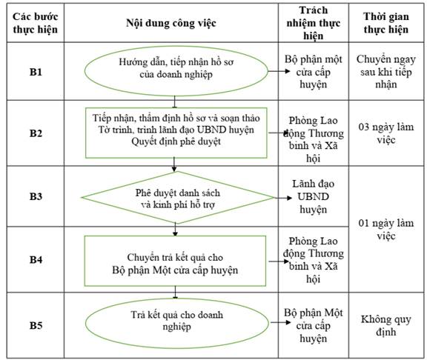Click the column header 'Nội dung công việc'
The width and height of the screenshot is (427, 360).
click(171, 23)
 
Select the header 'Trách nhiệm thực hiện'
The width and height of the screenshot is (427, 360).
click(313, 23)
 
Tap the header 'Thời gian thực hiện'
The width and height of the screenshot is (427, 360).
click(386, 23)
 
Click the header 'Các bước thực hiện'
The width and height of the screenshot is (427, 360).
click(36, 23)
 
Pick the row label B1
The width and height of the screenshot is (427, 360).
click(36, 72)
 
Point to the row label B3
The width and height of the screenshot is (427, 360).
click(36, 196)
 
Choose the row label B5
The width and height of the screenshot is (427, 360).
click(36, 325)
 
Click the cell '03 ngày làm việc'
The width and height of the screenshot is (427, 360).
click(386, 133)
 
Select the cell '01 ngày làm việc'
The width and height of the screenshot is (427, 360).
click(386, 229)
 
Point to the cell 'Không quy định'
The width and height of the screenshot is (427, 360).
click(386, 325)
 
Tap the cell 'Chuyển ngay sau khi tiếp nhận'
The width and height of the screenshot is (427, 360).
click(386, 72)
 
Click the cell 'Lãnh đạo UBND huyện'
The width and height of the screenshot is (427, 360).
click(313, 196)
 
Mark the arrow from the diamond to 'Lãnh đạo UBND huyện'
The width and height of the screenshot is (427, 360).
click(283, 198)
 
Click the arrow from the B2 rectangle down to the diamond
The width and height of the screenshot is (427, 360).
click(174, 164)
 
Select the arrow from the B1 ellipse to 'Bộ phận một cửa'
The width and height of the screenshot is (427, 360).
click(279, 71)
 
